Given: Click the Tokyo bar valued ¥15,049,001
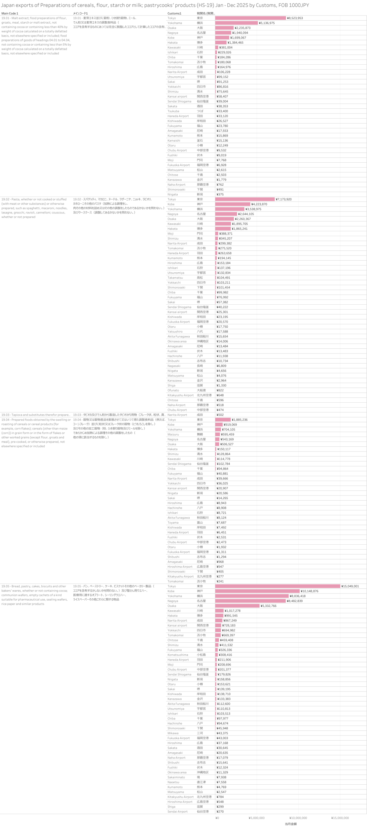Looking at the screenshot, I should click(x=278, y=586).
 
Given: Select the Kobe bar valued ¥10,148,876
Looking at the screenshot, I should click(x=257, y=591).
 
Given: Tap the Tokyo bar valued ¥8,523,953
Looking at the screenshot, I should click(x=250, y=18).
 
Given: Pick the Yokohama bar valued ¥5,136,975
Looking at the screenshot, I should click(x=236, y=23).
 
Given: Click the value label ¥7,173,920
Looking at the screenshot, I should click(x=283, y=199).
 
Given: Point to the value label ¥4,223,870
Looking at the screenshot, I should click(x=259, y=204).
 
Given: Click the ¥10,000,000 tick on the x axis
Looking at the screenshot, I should click(x=298, y=818).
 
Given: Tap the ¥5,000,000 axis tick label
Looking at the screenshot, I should click(x=257, y=818).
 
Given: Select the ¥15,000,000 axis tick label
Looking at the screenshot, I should click(x=340, y=818).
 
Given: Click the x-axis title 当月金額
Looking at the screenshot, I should click(x=290, y=824).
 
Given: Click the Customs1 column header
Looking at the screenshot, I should click(x=174, y=14).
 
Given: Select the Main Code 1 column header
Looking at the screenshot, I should click(x=10, y=14).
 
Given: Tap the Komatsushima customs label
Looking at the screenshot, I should click(x=178, y=655).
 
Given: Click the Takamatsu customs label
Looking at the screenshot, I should click(x=175, y=278).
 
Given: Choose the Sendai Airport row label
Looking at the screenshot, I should click(x=177, y=811).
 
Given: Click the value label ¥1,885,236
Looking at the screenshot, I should click(x=239, y=419).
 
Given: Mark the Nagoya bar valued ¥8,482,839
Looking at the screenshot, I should click(x=250, y=601).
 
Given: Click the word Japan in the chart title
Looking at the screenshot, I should click(x=7, y=5).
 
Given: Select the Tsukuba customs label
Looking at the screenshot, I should click(x=173, y=111).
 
